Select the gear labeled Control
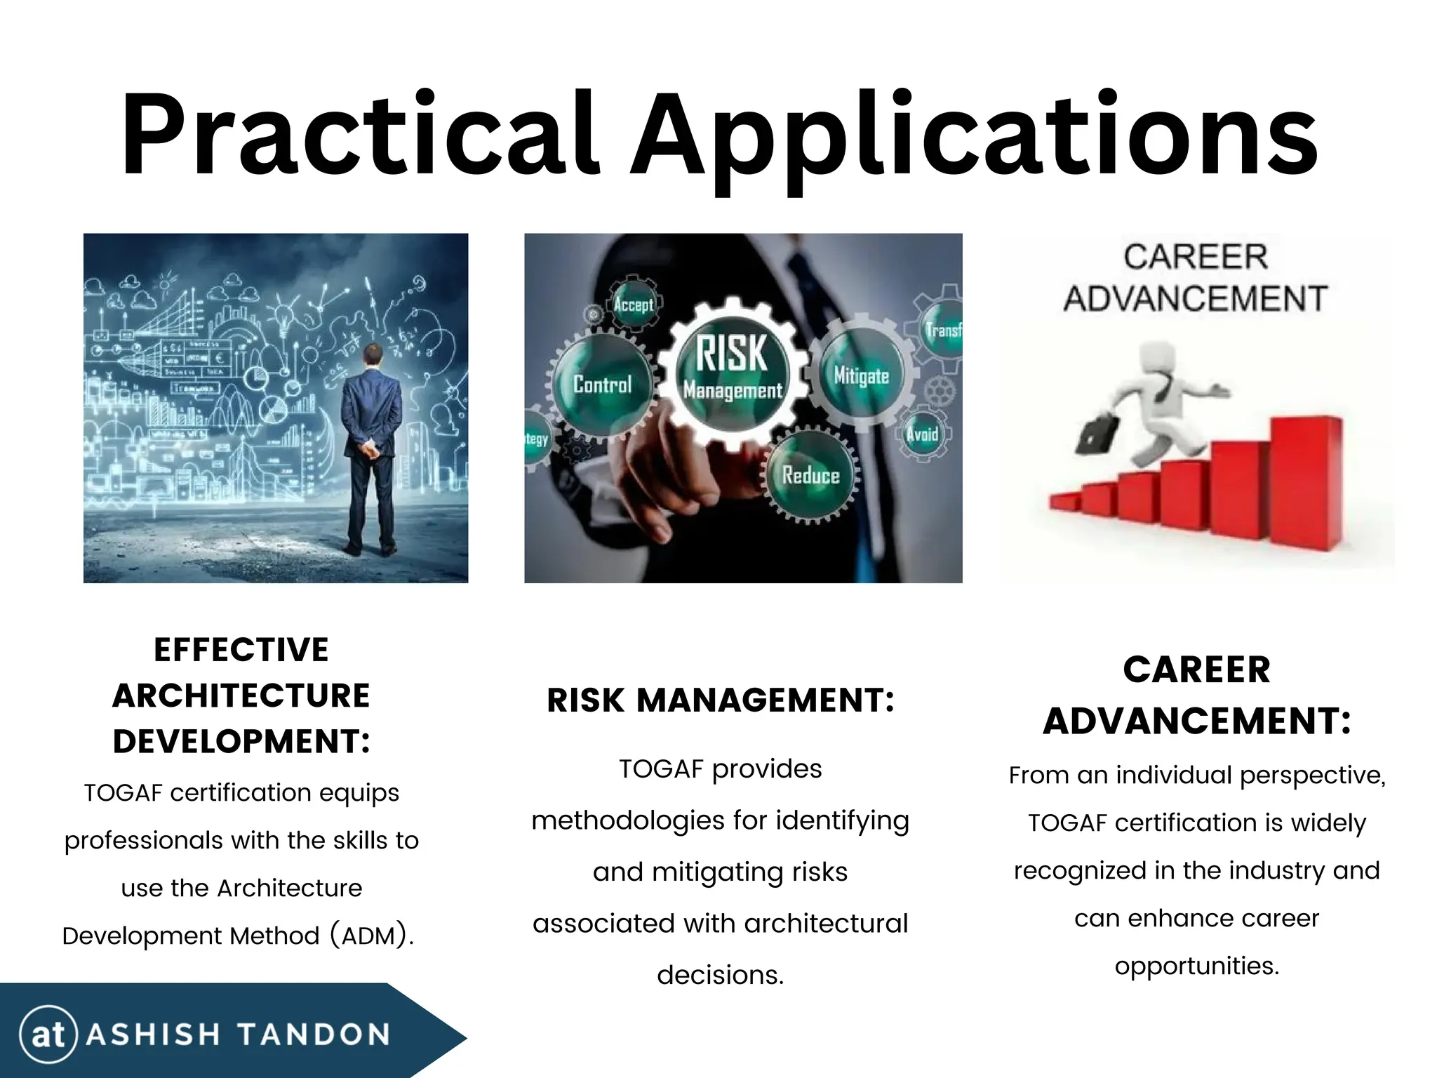(x=601, y=384)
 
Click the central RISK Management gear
(x=732, y=369)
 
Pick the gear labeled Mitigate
(x=861, y=376)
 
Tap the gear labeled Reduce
(x=810, y=477)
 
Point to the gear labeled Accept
(x=633, y=305)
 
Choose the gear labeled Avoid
(x=921, y=434)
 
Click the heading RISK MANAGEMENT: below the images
(x=721, y=700)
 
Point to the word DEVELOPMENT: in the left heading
(x=241, y=741)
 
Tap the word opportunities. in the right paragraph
(x=1197, y=966)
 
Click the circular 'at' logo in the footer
(x=48, y=1034)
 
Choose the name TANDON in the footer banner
(x=313, y=1034)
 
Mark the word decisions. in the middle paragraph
(x=721, y=975)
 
